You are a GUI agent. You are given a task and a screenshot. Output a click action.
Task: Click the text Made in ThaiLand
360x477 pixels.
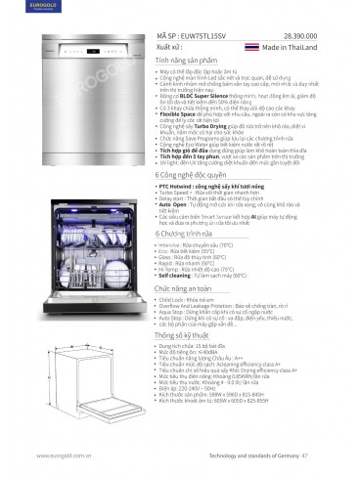click(x=288, y=46)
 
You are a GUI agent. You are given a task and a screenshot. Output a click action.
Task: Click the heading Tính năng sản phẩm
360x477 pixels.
click(x=189, y=60)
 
